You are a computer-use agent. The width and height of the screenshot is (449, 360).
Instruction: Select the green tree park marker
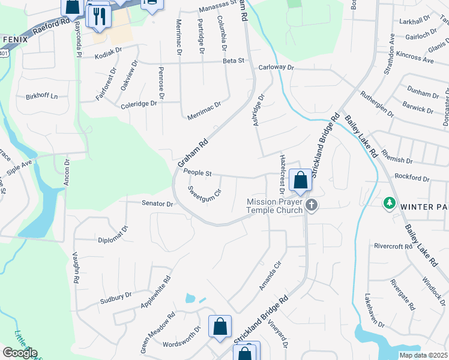[x=389, y=203]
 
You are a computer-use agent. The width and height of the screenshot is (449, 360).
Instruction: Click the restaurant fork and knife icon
[x=98, y=16]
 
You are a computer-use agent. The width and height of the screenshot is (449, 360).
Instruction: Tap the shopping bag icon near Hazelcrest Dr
[x=300, y=180]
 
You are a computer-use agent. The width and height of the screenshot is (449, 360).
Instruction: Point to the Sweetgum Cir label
[x=205, y=194]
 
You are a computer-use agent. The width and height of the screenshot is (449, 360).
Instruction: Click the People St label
[x=198, y=173]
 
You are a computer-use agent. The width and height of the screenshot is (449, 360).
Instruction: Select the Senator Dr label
[x=157, y=203]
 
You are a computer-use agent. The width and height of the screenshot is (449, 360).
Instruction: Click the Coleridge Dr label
[x=138, y=103]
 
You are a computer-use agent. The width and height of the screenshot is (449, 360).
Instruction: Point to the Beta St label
[x=234, y=61]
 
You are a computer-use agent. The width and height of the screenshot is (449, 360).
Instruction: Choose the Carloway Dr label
[x=276, y=68]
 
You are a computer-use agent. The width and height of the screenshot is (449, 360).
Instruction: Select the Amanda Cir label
[x=270, y=276]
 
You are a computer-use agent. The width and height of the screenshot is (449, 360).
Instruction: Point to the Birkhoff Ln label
[x=41, y=96]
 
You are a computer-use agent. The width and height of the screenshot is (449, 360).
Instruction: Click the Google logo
[x=20, y=353]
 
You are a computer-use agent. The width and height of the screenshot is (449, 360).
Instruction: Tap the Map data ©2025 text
[x=424, y=355]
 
